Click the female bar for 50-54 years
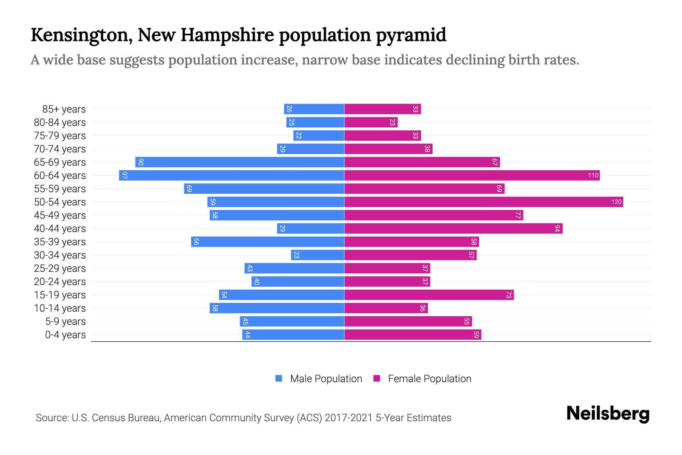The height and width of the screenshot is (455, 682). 483,202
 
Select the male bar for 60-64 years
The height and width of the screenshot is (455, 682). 232,176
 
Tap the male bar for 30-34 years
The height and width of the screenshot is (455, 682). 318,255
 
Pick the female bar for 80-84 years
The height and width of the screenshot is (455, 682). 371,122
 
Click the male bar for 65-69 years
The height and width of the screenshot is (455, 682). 239,162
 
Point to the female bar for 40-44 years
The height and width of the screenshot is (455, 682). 453,229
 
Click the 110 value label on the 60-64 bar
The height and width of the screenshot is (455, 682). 593,176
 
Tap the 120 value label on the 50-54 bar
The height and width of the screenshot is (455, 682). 616,202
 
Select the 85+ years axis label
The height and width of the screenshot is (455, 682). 64,109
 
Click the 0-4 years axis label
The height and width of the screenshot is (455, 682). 65,335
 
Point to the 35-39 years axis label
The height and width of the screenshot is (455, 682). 60,242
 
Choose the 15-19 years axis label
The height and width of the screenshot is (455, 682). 60,295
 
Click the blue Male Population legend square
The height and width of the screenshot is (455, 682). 279,378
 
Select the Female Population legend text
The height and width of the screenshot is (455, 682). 429,379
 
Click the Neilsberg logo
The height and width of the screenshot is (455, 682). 608,413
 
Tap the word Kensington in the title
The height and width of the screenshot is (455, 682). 81,35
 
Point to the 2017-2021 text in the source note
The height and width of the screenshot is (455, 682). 349,418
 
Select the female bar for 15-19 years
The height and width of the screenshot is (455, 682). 429,295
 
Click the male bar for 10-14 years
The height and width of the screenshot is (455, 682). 277,308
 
